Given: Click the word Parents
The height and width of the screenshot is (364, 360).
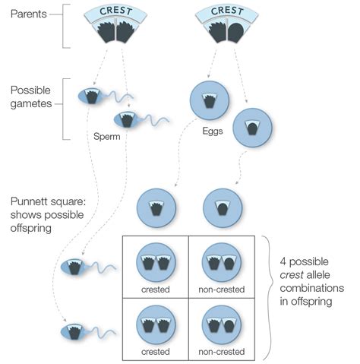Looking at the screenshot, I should tap(27, 14).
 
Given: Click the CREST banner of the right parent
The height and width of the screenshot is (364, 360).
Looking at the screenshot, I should tap(227, 11).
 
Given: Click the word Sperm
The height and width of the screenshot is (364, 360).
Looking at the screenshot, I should tap(109, 139).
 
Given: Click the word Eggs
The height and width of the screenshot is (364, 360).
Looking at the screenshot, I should tap(213, 131).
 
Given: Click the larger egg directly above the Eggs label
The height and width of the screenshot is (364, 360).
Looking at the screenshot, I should tap(209, 100).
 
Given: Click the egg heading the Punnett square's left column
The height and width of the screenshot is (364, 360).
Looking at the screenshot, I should tap(156, 207).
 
